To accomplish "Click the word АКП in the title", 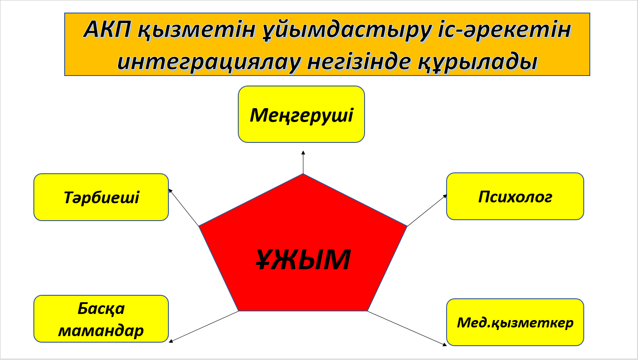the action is coord(108,30).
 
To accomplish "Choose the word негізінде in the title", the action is coord(359,61).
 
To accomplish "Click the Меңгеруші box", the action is coord(301,114).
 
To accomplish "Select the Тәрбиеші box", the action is coord(101,197).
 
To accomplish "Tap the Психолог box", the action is coord(515,196).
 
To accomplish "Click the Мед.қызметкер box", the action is coord(515,322).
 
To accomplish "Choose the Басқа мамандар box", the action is coord(101,319).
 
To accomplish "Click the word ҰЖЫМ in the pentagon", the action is coord(303,259).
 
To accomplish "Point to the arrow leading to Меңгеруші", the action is coord(303,162).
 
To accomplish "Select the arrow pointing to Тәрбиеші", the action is coord(184,207).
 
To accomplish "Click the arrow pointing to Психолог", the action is coord(427,210).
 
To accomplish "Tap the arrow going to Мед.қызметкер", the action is coord(407,328).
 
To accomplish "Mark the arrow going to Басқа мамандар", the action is coord(204,327).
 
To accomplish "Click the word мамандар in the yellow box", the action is coord(101,330).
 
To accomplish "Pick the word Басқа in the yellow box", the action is coord(101,308).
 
